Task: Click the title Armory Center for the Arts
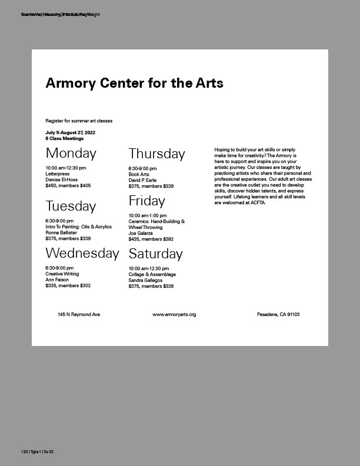point(134,83)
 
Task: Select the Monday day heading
point(71,154)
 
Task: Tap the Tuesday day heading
point(71,207)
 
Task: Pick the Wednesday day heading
point(82,254)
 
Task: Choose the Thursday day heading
point(156,154)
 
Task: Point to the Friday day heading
point(147,201)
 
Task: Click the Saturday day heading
point(156,254)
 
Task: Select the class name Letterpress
point(58,174)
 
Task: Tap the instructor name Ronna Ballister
point(62,232)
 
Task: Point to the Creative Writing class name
point(62,274)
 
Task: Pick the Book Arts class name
point(139,175)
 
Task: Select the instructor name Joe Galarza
point(141,234)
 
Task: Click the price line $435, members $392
point(151,239)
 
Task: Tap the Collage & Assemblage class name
point(152,275)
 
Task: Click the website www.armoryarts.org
point(174,315)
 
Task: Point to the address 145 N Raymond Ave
point(79,315)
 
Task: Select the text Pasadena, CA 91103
point(278,315)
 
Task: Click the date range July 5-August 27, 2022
point(71,133)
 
